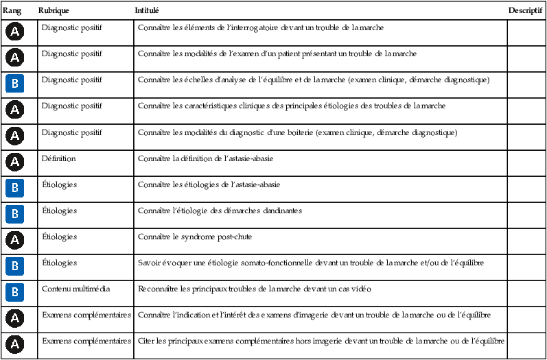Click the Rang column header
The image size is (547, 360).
tap(12, 11)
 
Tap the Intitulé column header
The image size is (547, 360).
tap(148, 11)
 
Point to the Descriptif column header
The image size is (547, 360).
tap(526, 11)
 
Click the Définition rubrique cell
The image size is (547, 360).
tap(59, 158)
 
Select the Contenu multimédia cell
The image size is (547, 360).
tap(76, 289)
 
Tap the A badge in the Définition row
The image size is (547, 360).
tap(15, 162)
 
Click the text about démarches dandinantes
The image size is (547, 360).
tap(220, 211)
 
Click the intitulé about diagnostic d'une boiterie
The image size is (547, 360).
tap(297, 132)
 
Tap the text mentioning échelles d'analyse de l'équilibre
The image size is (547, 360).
tap(314, 80)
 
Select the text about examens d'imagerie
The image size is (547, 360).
tap(314, 315)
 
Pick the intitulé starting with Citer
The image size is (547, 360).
tap(321, 341)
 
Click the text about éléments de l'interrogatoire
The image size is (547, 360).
tap(261, 28)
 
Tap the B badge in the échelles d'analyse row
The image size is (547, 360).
tap(15, 84)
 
